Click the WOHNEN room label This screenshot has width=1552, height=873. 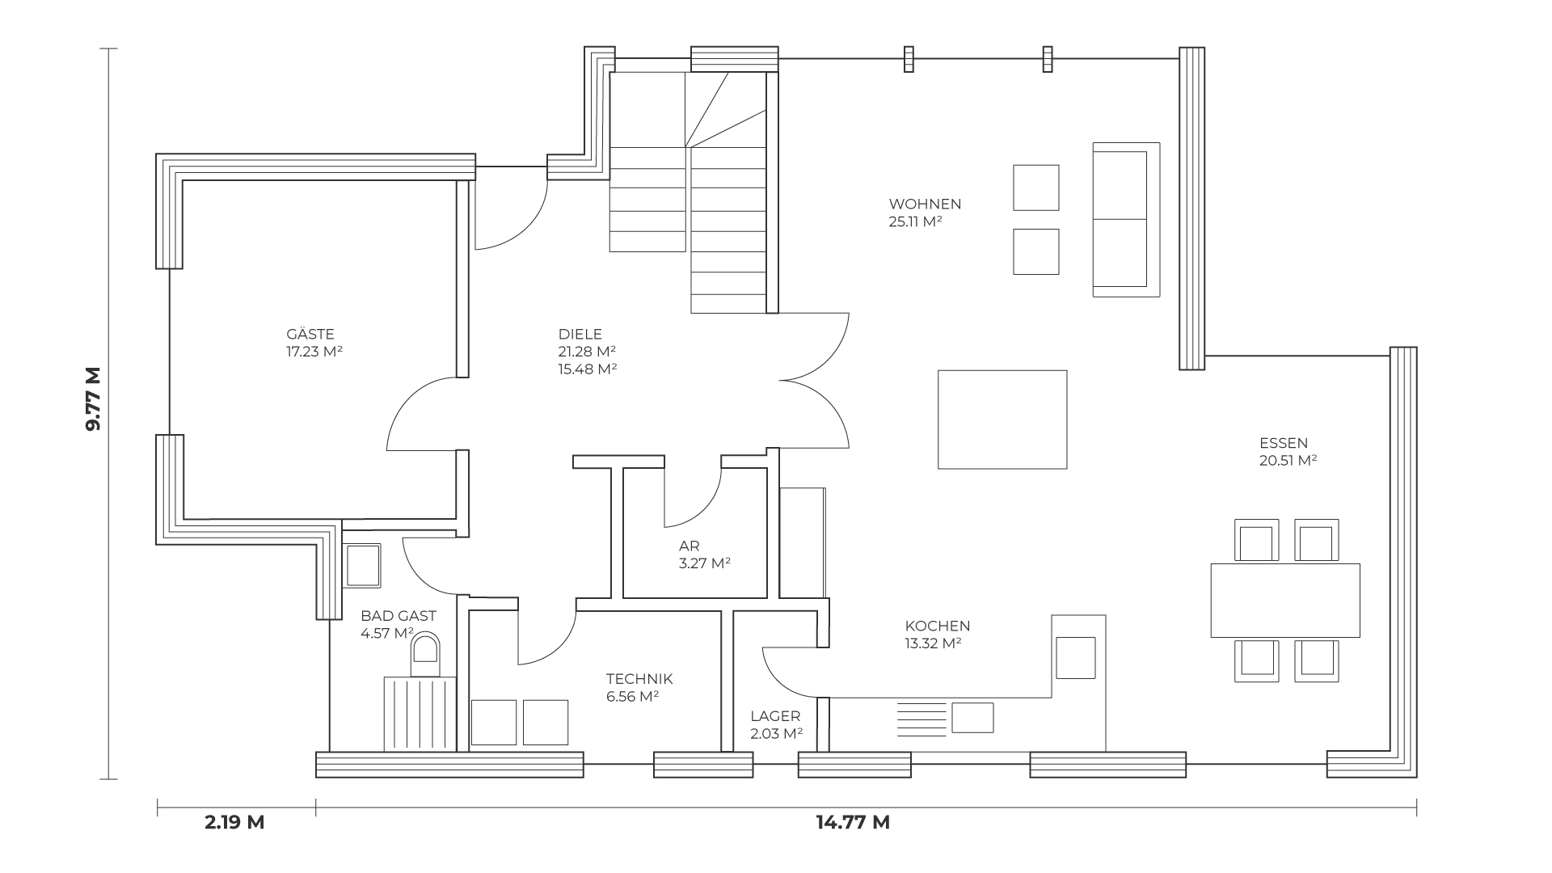point(925,204)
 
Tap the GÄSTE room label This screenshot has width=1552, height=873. point(310,334)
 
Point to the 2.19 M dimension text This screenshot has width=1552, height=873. point(234,823)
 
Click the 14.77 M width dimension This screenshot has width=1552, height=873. point(853,823)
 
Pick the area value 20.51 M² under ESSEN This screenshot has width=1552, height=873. point(1288,461)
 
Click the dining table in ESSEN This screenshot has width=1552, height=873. point(1285,601)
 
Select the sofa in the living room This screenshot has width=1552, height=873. point(1126,220)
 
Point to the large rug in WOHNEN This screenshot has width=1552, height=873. point(1002,420)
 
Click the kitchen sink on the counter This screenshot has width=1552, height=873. point(972,718)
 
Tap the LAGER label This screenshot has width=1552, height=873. point(775,716)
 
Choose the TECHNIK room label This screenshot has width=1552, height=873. point(639,679)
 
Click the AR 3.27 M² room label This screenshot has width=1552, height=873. point(705,555)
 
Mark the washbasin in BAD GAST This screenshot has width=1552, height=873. point(363,566)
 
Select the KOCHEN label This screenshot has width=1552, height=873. point(938,626)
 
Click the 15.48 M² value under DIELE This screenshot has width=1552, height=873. point(588,369)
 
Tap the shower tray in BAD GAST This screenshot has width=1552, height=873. point(420,714)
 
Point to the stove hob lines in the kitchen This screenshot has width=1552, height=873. point(921,719)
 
